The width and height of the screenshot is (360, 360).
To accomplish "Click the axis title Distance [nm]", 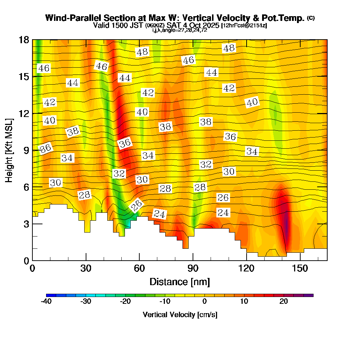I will (x=180, y=281).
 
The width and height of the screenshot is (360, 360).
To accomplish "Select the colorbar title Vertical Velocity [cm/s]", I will (x=180, y=315).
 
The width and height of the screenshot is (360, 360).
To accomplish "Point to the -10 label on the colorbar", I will (x=165, y=302).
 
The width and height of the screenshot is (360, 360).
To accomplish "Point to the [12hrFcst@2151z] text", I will (x=244, y=26).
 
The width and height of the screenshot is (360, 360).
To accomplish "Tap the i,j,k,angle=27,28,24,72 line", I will (x=180, y=30).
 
